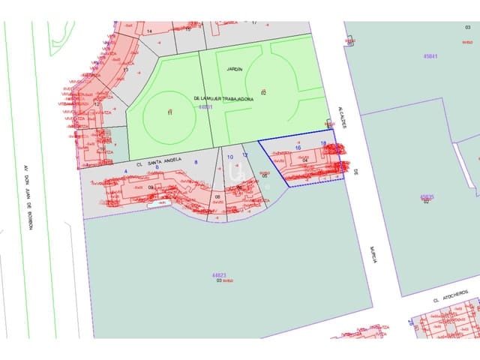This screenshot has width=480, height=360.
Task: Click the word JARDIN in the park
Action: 235,68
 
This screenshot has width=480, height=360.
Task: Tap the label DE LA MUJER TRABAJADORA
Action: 223,98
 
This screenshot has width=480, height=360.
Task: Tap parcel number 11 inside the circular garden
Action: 169,112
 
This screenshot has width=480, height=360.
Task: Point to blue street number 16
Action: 298,148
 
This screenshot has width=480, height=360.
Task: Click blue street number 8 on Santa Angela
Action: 196,162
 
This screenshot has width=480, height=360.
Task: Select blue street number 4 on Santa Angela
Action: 126,172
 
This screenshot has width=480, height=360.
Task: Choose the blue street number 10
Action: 230,157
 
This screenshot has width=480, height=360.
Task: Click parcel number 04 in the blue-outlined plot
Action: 305,160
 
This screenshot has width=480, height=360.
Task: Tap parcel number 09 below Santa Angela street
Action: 151,187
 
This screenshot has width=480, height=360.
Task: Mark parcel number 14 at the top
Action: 149,31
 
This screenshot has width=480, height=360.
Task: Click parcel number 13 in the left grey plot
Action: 125,70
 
